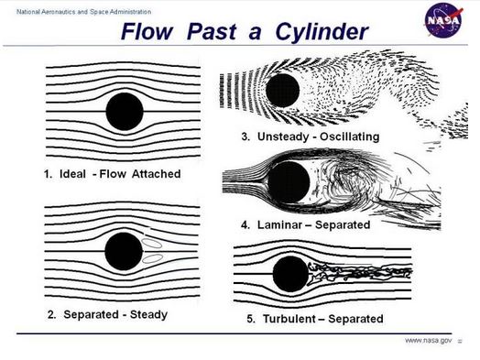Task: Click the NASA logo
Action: coord(443,20)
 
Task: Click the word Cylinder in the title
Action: coord(322,31)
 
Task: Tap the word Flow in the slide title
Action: coord(147,31)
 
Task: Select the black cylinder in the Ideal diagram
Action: coord(125,112)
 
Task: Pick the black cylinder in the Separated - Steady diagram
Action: coord(124,251)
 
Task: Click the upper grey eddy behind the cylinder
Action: coord(152,244)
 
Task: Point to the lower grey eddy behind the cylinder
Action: coord(152,258)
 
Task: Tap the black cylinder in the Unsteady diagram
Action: coord(282,91)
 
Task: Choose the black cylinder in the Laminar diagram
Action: coord(289,182)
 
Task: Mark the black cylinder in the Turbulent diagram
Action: coord(290,274)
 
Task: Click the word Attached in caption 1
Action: coord(156,174)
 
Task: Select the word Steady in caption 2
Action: coord(148,314)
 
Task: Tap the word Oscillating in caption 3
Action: coord(350,136)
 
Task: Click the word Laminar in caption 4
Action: coord(279,225)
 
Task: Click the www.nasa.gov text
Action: coord(428,341)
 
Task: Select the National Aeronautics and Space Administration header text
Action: coord(84,12)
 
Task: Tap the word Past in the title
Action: coord(212,31)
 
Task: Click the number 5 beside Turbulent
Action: coord(250,319)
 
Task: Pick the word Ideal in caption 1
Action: coord(72,174)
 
